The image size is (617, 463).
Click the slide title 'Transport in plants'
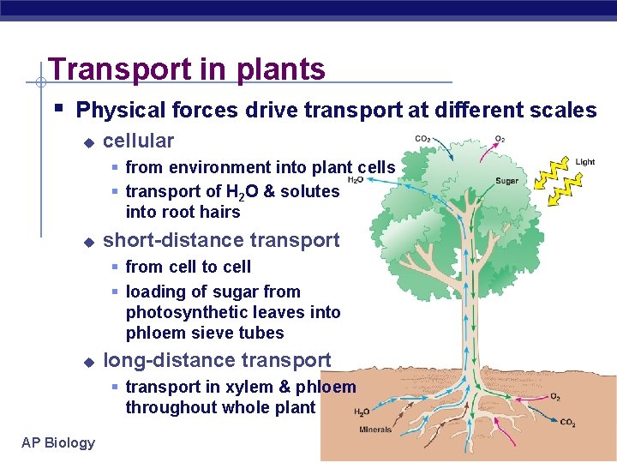tap(187, 69)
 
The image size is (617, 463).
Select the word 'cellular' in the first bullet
tap(138, 141)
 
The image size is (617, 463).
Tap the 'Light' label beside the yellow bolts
tap(585, 161)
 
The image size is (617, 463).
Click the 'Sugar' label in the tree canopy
tap(506, 181)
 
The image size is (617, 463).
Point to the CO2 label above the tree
tap(423, 139)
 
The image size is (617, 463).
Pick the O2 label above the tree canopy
tap(500, 139)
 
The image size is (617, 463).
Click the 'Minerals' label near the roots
tap(375, 430)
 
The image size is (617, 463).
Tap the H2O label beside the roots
tap(362, 412)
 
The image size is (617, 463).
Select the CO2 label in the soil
tap(568, 422)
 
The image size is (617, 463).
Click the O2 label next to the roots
tap(555, 397)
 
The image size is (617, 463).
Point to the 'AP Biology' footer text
tap(58, 442)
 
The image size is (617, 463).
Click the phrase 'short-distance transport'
tap(221, 241)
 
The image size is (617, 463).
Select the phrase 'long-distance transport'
tap(216, 360)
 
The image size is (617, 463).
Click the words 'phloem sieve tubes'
tap(204, 333)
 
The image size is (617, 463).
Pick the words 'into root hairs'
tap(183, 212)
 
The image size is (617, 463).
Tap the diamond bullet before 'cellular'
tap(87, 143)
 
